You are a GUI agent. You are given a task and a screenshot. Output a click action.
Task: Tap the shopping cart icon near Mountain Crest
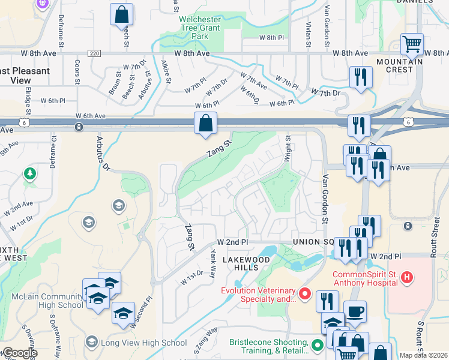pyautogui.click(x=412, y=44)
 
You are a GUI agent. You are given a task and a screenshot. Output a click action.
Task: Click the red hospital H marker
pyautogui.click(x=407, y=278)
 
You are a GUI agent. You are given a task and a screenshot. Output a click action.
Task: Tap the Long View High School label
pyautogui.click(x=144, y=343)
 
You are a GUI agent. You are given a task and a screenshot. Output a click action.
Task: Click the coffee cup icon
pyautogui.click(x=355, y=311)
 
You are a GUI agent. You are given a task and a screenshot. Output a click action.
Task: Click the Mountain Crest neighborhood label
pyautogui.click(x=395, y=65)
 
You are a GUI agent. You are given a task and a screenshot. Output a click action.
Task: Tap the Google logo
pyautogui.click(x=20, y=353)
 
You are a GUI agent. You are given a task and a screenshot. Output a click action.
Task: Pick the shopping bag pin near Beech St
pyautogui.click(x=122, y=14)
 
